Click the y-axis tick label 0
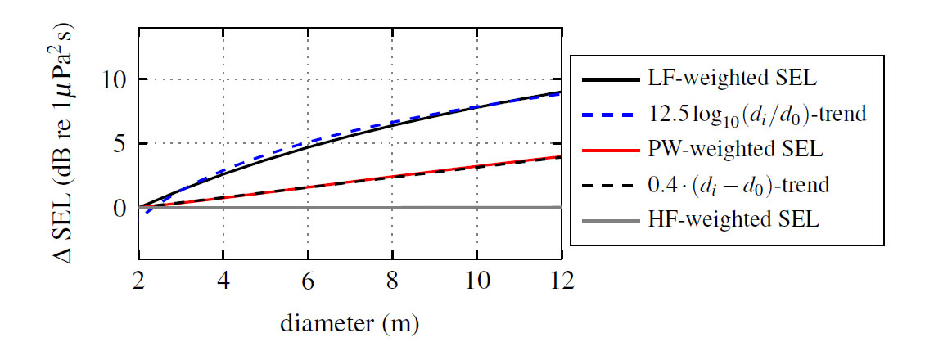pos(120,208)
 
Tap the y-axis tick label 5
pos(120,144)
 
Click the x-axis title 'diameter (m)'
pos(350,325)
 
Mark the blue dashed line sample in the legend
pos(611,116)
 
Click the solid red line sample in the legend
pos(611,151)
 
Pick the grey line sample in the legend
pos(611,219)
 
